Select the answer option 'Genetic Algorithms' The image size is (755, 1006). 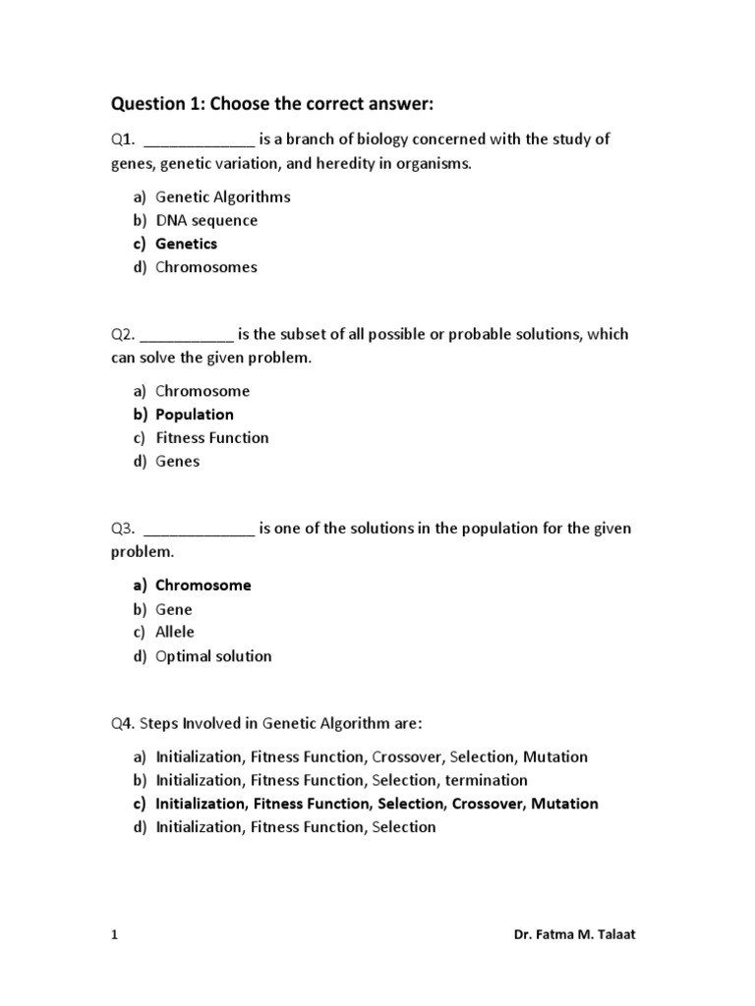[x=222, y=196]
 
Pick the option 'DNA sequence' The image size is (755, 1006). [x=206, y=220]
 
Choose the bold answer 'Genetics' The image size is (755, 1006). [x=186, y=244]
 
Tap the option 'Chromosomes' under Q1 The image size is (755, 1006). [x=205, y=267]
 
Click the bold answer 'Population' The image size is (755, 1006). [x=195, y=415]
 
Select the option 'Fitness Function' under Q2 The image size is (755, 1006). [x=211, y=438]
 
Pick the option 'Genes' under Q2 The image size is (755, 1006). [x=177, y=462]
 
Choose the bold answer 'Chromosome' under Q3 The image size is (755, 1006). [x=203, y=586]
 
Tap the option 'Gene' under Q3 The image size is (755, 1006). [x=174, y=609]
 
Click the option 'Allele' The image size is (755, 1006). [x=175, y=633]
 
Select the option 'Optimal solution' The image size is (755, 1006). [x=213, y=656]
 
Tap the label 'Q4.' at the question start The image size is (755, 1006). [x=124, y=724]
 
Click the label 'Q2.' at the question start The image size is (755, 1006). [x=124, y=334]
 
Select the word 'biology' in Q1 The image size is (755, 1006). [x=382, y=140]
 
